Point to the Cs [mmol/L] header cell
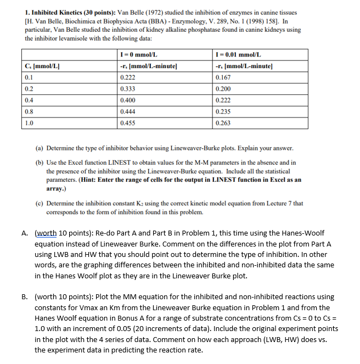tap(42, 66)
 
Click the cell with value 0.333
tap(127, 89)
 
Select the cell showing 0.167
tap(223, 77)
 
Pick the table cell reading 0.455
tap(127, 123)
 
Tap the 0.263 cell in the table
tap(223, 123)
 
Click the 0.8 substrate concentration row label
tap(30, 112)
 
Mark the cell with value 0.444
tap(127, 112)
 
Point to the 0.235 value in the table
tap(223, 112)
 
